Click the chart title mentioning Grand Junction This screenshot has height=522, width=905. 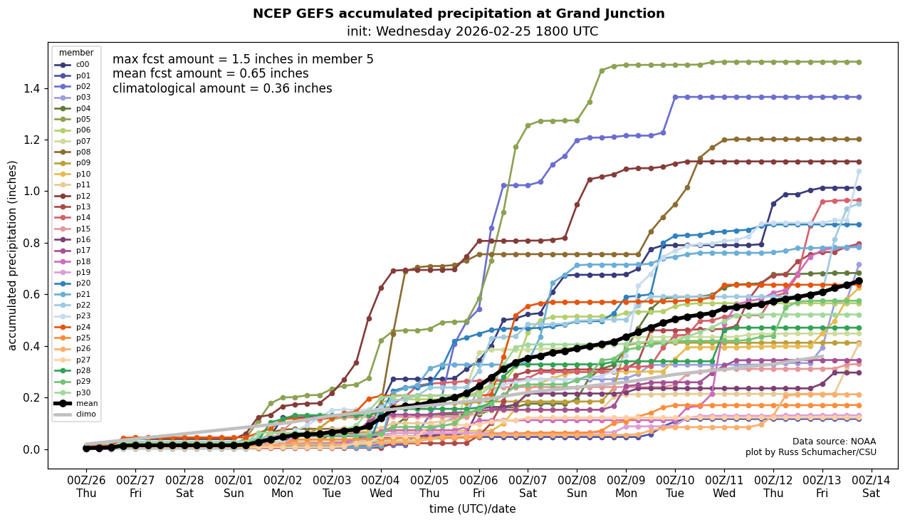click(459, 14)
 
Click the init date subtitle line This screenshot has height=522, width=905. click(472, 31)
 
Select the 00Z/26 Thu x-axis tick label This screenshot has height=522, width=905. click(86, 486)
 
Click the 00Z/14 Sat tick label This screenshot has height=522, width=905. click(871, 486)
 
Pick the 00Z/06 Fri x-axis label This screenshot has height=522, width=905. click(478, 486)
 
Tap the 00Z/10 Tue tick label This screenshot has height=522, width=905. click(675, 486)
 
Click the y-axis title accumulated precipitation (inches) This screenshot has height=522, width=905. click(12, 255)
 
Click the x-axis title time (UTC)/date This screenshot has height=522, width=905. click(472, 509)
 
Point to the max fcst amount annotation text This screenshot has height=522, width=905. click(243, 59)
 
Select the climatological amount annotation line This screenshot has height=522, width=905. click(222, 88)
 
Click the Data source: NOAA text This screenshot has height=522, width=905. click(834, 442)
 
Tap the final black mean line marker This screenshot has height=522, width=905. click(859, 281)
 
